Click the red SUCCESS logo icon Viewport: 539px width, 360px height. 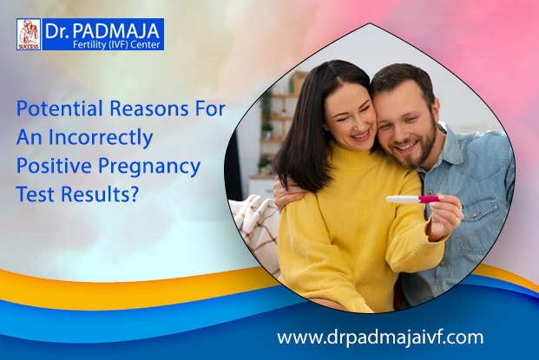click(29, 35)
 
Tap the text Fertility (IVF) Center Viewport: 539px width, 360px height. click(116, 44)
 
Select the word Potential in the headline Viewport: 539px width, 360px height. click(60, 108)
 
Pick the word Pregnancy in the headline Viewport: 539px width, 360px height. click(149, 167)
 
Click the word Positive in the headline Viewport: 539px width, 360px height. click(55, 166)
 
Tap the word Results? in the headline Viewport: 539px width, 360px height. click(100, 193)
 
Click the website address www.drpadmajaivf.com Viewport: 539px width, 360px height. click(380, 337)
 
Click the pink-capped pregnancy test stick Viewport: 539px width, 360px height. click(413, 200)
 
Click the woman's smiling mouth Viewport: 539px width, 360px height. click(360, 135)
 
